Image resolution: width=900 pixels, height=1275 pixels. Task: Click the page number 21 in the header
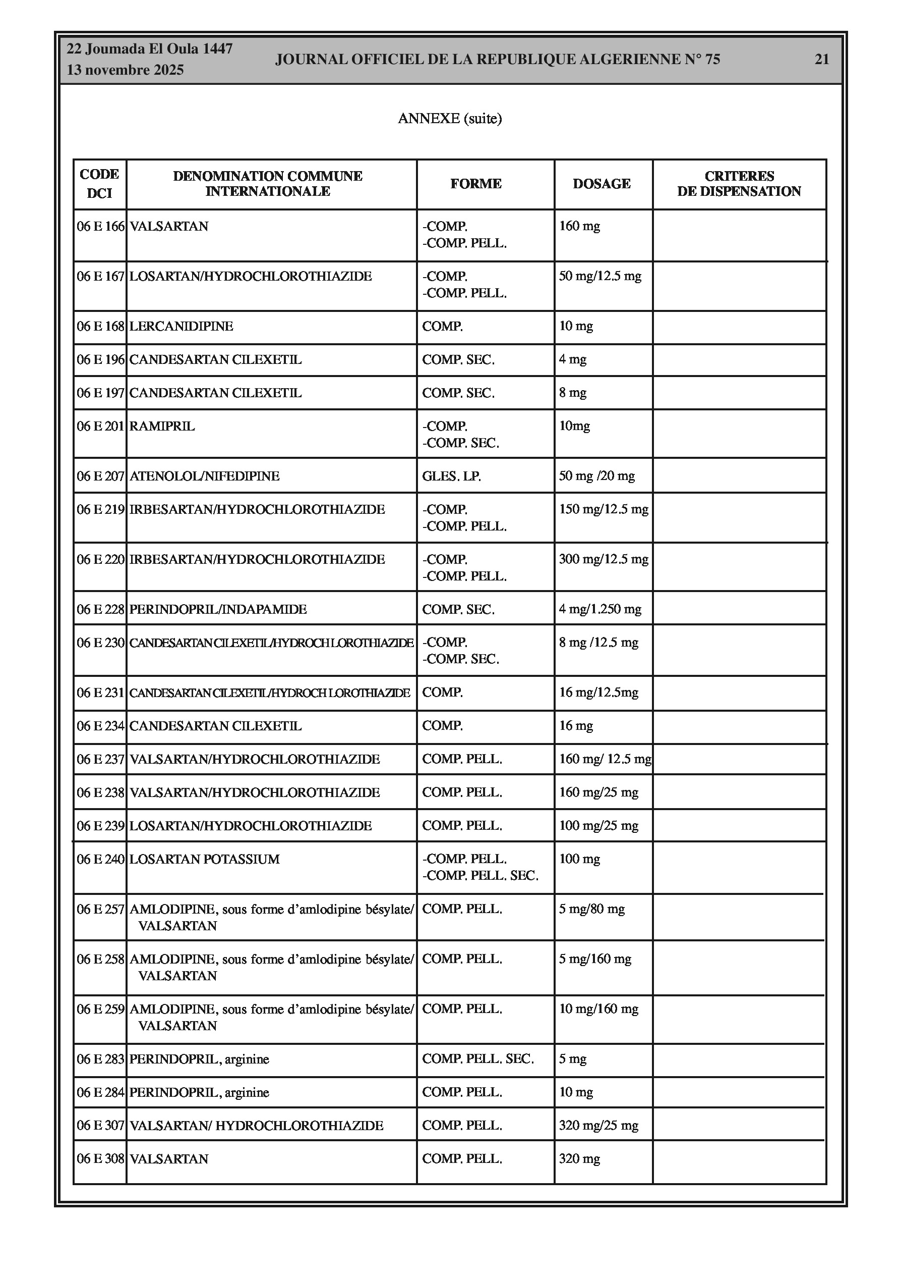[x=821, y=60]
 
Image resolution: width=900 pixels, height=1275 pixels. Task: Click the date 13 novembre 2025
[x=125, y=70]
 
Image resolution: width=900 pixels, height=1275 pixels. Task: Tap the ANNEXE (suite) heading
[x=449, y=118]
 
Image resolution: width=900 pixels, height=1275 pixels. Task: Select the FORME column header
[x=475, y=184]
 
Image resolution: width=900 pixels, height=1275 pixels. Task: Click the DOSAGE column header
[x=602, y=184]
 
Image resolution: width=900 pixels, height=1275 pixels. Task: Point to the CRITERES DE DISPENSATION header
[x=739, y=184]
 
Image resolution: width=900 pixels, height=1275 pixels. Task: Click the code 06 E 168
[x=100, y=326]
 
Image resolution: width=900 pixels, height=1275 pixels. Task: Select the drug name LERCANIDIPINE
[x=181, y=326]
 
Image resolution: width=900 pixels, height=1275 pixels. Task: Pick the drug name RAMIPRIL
[x=162, y=426]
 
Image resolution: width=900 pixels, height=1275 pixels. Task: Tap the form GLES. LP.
[x=451, y=476]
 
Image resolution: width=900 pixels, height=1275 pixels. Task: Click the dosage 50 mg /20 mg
[x=596, y=476]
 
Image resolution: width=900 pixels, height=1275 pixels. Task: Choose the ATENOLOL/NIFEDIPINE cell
[x=204, y=476]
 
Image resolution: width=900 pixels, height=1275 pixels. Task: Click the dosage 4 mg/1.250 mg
[x=600, y=609]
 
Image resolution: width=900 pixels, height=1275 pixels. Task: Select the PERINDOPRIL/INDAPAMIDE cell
[x=217, y=609]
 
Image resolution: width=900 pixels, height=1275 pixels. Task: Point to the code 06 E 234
[x=100, y=726]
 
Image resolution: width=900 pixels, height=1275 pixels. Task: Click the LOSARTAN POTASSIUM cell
[x=204, y=859]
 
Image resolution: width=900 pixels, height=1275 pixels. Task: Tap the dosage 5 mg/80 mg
[x=591, y=909]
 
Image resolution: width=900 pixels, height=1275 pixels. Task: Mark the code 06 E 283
[x=100, y=1059]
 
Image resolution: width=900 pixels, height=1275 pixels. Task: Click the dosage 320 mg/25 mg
[x=598, y=1126]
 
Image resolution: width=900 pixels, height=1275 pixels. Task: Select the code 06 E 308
[x=100, y=1159]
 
